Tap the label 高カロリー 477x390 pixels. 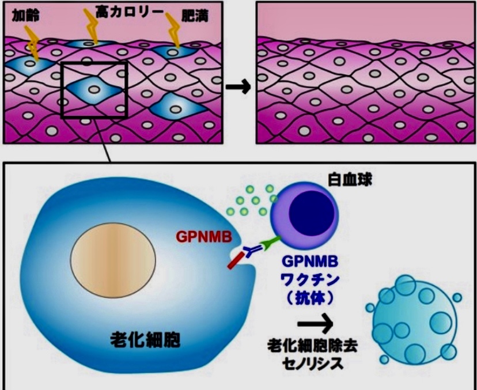coord(130,13)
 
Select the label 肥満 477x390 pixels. coord(195,16)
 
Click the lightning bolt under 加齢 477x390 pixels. coord(32,43)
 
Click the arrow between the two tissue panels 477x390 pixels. coord(238,87)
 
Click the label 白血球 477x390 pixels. coord(350,180)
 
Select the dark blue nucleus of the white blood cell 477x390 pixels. coord(311,213)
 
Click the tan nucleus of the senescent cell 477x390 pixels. coord(113,260)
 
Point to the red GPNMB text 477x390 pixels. coord(204,237)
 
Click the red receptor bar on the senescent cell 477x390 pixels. coord(236,260)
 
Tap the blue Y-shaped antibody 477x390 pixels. coord(252,251)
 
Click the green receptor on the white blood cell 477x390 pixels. coord(271,243)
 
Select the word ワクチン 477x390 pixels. coord(311,279)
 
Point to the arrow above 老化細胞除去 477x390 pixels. coord(315,323)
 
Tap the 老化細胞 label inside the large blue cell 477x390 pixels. coord(145,339)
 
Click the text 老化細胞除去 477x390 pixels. coord(312,346)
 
